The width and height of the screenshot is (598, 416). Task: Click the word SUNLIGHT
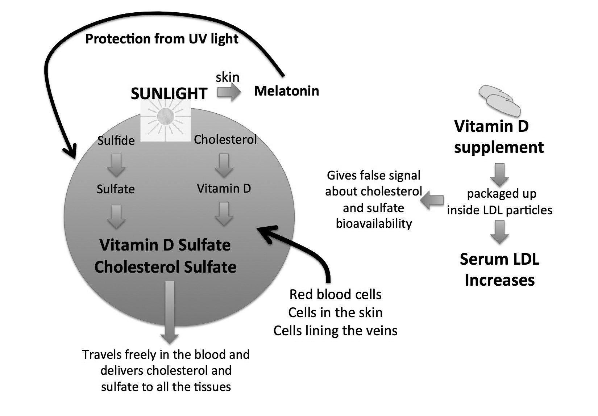[x=169, y=93]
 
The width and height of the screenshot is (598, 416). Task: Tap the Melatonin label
[x=287, y=91]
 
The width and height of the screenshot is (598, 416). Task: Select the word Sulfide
[x=116, y=140]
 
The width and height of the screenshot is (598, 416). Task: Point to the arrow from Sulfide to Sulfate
[x=116, y=165]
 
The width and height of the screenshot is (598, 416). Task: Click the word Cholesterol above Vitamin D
[x=225, y=139]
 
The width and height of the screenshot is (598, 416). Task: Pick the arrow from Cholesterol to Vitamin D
[x=224, y=165]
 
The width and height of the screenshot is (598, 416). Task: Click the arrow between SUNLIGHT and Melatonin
[x=229, y=93]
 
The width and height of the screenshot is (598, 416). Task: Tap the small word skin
[x=228, y=77]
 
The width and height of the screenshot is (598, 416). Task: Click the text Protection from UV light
[x=162, y=39]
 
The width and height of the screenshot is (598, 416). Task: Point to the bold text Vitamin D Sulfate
[x=165, y=245]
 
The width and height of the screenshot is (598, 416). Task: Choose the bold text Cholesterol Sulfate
[x=165, y=267]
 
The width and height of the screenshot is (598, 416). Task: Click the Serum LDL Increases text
[x=499, y=270]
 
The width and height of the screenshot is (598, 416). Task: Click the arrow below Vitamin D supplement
[x=499, y=175]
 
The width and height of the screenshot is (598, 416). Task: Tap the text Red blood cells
[x=335, y=294]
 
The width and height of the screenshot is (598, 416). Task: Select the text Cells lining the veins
[x=335, y=330]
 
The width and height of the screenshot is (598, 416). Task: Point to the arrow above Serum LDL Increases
[x=499, y=232]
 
